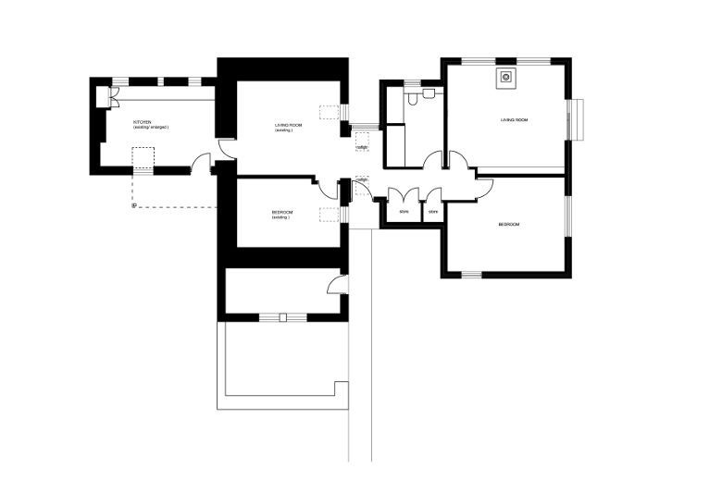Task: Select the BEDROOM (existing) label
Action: point(283,214)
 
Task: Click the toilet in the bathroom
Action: point(429,93)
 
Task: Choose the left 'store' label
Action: point(404,212)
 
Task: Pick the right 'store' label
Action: point(432,212)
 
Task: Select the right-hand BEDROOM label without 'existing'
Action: point(509,225)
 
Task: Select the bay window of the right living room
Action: point(578,119)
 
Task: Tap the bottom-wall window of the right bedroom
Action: point(472,274)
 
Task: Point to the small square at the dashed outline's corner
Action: point(134,206)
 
